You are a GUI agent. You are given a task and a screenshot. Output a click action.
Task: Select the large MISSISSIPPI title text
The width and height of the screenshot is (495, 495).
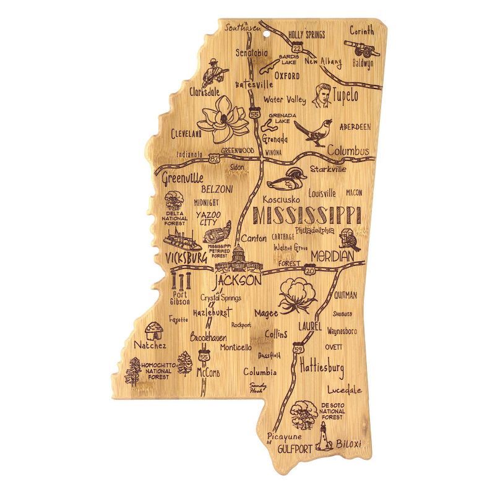307,215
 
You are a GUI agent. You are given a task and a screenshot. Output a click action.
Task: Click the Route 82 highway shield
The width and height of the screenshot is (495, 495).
214,159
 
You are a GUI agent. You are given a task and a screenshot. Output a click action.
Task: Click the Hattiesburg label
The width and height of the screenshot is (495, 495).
321,368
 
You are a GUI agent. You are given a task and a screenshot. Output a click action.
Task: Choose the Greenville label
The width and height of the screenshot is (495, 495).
183,179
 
